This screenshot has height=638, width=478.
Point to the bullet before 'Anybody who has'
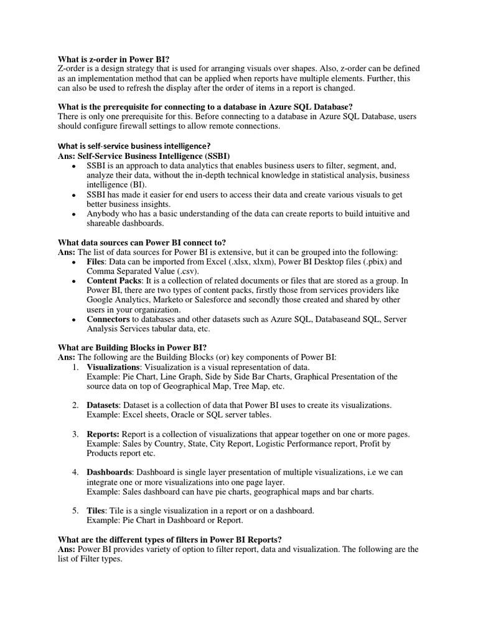click(74, 214)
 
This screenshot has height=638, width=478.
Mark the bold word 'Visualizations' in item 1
click(113, 367)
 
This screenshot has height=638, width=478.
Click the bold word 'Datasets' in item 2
click(102, 405)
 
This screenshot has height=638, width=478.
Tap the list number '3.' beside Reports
click(74, 434)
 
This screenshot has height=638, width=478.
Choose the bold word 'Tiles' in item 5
click(96, 511)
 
